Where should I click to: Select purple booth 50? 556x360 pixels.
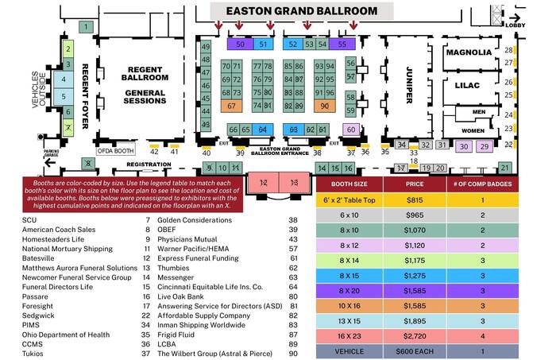click(x=240, y=44)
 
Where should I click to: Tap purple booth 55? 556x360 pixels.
click(x=342, y=44)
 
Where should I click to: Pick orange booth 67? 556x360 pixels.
click(x=231, y=106)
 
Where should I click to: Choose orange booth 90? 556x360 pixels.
click(x=324, y=106)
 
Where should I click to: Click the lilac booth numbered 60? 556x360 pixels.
click(x=350, y=130)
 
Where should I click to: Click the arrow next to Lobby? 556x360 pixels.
click(x=515, y=17)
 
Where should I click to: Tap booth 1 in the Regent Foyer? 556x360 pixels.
click(x=85, y=27)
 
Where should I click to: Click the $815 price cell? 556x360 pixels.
click(x=414, y=201)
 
